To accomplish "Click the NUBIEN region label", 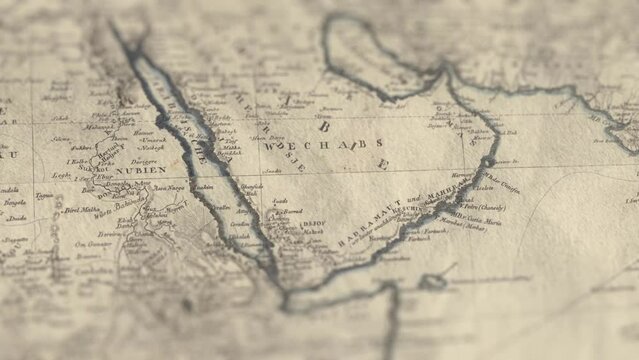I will click(141, 171).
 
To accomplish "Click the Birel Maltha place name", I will click(83, 211).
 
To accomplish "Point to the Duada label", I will click(14, 217).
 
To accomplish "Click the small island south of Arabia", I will click(432, 283).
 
